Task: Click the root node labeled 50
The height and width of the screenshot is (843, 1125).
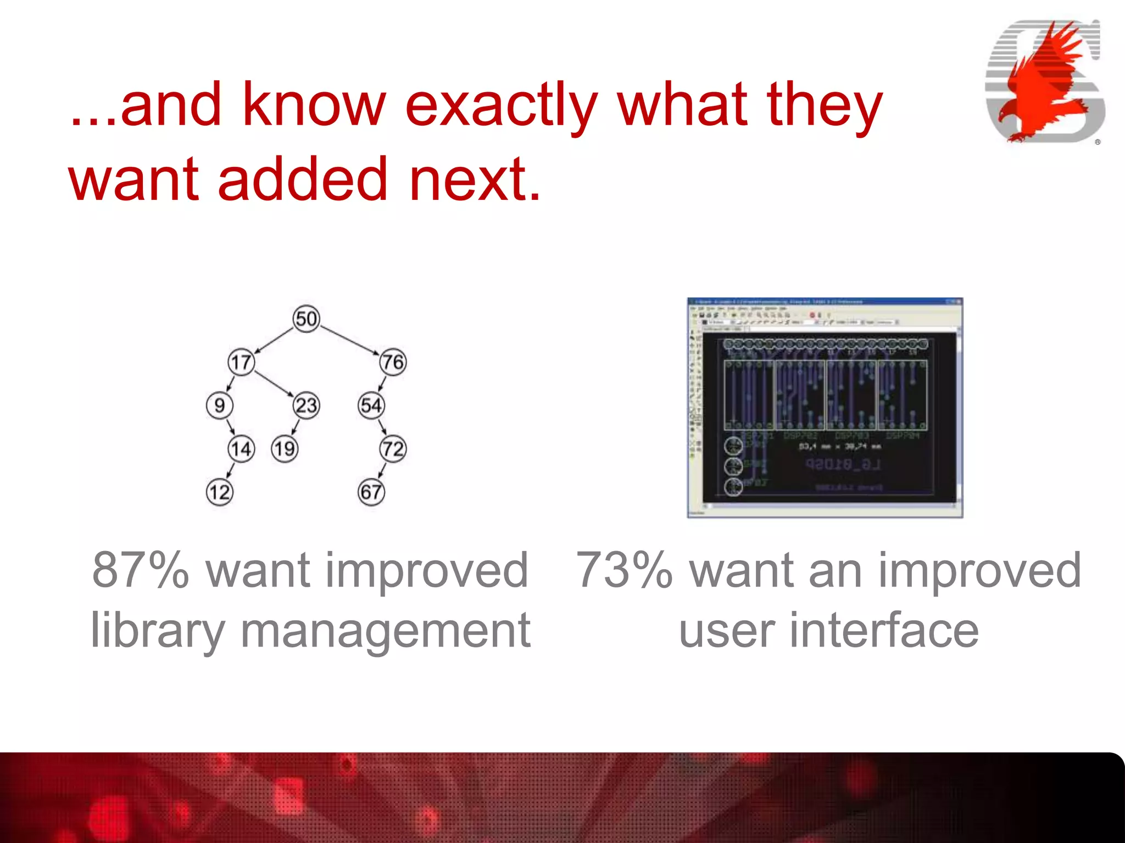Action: point(306,318)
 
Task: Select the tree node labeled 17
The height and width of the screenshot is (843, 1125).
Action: point(241,362)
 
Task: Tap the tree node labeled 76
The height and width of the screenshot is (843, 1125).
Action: point(393,362)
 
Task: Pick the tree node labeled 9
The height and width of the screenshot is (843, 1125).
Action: point(219,406)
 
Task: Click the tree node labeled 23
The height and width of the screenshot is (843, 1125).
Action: point(306,406)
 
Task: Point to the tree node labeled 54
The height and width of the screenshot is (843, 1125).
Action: point(371,406)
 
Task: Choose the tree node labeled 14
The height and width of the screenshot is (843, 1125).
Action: point(241,449)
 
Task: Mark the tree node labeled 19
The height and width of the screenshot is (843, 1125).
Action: point(285,449)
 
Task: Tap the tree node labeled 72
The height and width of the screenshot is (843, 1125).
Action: point(393,449)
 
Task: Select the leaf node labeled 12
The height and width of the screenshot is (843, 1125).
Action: point(219,492)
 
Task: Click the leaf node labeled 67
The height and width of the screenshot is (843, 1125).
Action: point(371,492)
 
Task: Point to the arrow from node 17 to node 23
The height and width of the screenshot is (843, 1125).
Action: point(274,384)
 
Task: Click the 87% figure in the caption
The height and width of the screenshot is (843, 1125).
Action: point(140,571)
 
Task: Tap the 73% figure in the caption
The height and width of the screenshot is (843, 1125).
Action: point(624,571)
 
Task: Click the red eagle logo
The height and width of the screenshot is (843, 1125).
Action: point(1044,82)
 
